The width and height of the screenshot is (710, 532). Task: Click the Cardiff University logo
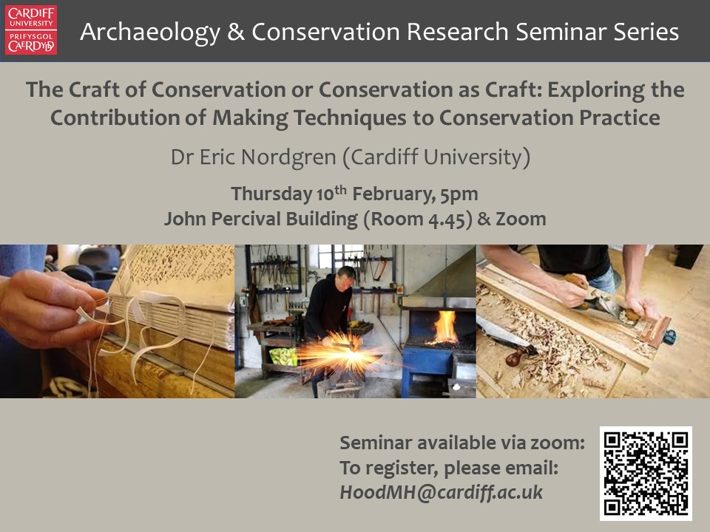point(31,30)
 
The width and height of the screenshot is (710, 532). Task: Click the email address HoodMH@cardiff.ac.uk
point(441,493)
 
